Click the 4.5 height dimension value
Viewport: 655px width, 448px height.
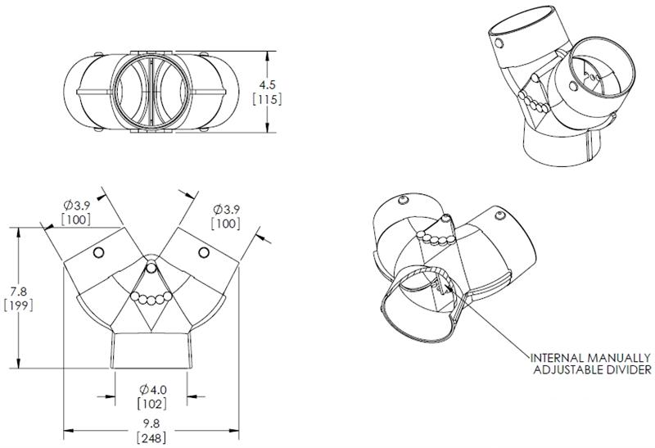pyautogui.click(x=269, y=84)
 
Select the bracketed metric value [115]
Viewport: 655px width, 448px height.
pyautogui.click(x=269, y=99)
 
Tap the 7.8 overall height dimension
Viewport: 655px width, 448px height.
pyautogui.click(x=16, y=292)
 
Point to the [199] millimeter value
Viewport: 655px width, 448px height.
pyautogui.click(x=16, y=306)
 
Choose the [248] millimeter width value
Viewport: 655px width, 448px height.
pyautogui.click(x=151, y=437)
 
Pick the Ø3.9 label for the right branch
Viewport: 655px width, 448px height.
pyautogui.click(x=227, y=208)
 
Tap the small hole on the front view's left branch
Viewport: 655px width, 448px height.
pyautogui.click(x=98, y=251)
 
